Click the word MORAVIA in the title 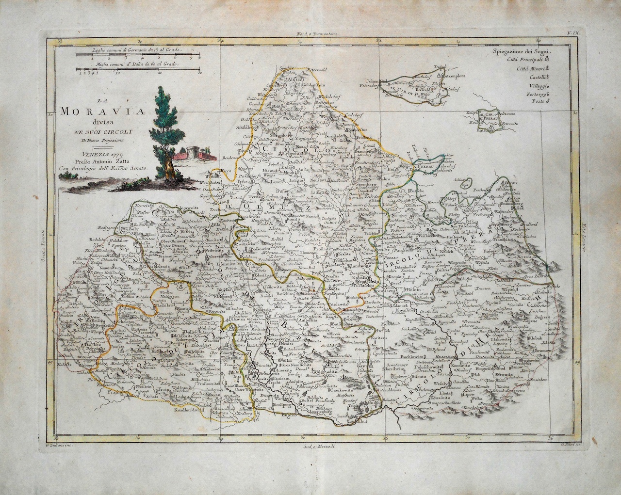pyautogui.click(x=93, y=112)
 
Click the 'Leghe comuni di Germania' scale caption pyautogui.click(x=131, y=50)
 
